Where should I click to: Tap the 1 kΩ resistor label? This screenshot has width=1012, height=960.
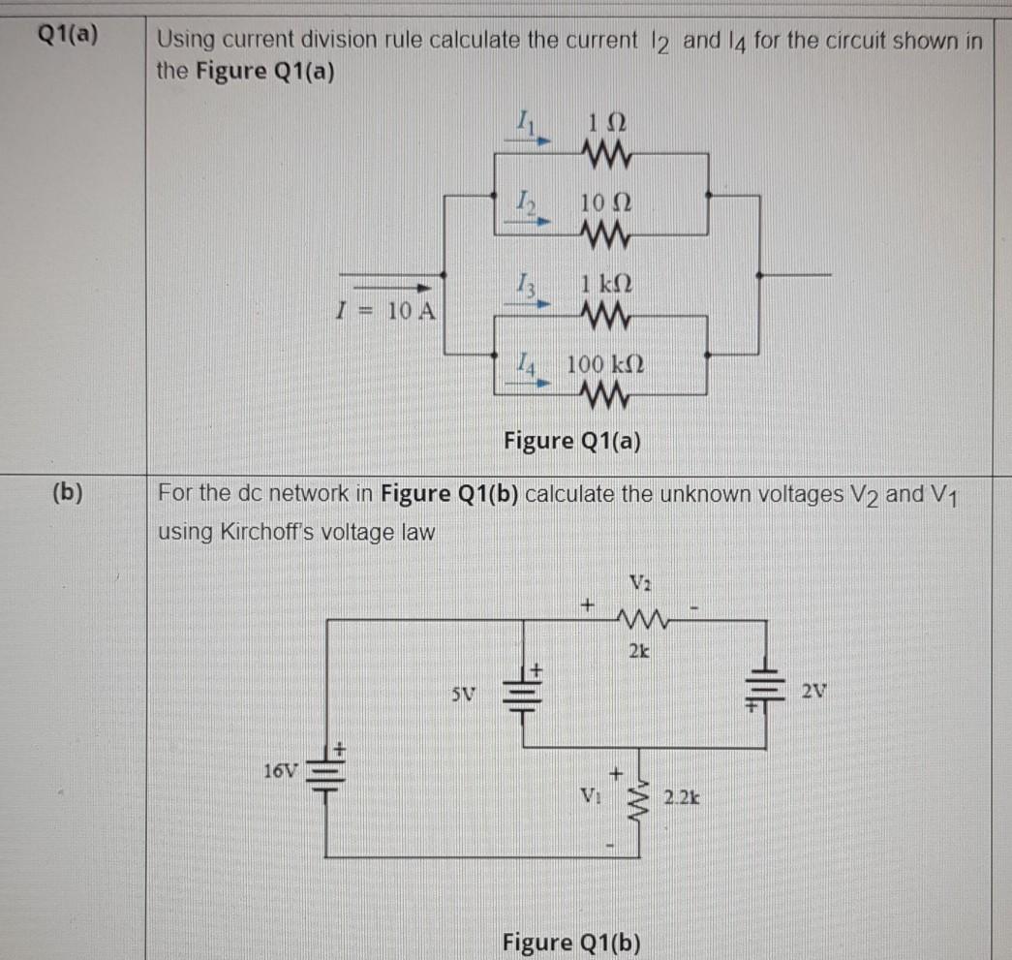click(606, 287)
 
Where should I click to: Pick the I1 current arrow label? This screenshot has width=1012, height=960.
click(524, 123)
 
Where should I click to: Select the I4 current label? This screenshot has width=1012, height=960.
click(524, 365)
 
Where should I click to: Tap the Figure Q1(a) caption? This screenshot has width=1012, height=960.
click(572, 441)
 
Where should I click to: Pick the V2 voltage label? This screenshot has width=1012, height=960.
click(638, 582)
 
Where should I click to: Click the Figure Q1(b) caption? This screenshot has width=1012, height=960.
click(572, 941)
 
